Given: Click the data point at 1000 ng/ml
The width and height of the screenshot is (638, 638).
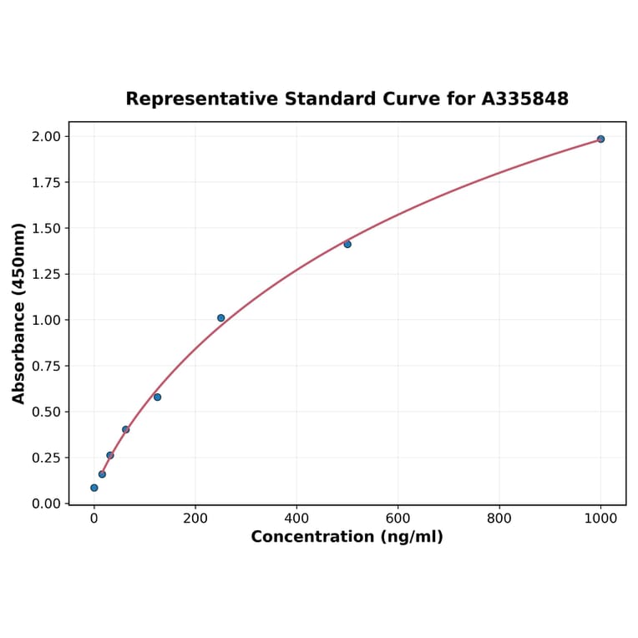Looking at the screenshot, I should click(x=600, y=139).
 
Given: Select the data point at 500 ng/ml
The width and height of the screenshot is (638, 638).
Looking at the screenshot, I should click(x=347, y=244).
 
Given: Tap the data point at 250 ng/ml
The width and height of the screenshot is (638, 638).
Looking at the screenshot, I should click(x=221, y=318).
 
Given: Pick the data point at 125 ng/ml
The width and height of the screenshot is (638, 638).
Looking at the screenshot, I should click(x=157, y=397).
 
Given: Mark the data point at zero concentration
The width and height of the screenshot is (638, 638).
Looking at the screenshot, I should click(x=94, y=488).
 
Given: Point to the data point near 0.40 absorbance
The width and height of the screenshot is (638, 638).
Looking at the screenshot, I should click(x=126, y=429).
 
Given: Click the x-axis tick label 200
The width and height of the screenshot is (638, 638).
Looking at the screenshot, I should click(x=195, y=518).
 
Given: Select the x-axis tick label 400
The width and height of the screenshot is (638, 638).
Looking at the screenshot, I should click(x=296, y=518).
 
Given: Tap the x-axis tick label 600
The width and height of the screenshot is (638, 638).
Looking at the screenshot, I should click(x=398, y=518).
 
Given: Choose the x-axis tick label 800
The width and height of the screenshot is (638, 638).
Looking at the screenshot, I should click(x=499, y=518).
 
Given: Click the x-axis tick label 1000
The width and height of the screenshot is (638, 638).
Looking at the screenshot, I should click(x=600, y=518).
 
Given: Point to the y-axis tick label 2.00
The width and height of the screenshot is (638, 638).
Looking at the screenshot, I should click(x=47, y=136).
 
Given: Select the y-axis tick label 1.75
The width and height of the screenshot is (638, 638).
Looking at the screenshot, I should click(x=47, y=182).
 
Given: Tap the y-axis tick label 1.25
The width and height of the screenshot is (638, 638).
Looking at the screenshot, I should click(x=47, y=274).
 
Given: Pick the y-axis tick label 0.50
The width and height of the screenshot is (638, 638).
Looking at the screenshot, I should click(x=47, y=412).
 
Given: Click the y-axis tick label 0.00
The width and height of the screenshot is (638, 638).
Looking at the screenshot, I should click(x=47, y=504).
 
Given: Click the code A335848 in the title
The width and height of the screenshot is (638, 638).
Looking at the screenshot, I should click(x=525, y=99).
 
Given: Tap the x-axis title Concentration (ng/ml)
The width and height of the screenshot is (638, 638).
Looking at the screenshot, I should click(x=347, y=536).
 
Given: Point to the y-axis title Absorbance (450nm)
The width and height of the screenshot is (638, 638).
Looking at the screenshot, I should click(x=19, y=313).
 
